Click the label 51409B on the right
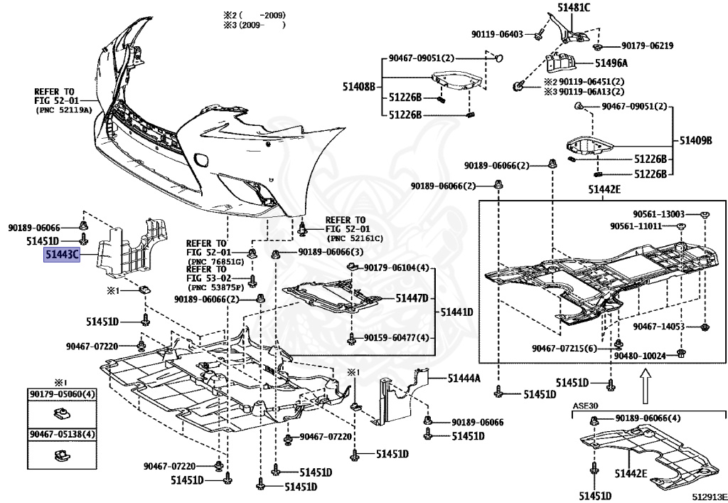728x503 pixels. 695,140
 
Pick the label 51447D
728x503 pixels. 412,298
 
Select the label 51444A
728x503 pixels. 464,378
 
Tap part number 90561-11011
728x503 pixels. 636,226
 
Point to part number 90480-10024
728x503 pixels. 639,354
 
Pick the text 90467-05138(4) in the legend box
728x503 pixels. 63,435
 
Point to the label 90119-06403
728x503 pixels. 497,33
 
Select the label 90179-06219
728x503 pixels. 647,46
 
